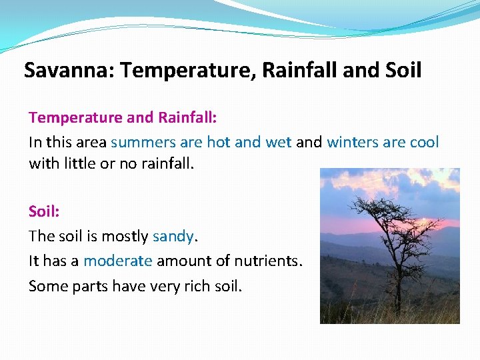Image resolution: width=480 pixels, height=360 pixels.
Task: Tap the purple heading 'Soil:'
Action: tap(44, 211)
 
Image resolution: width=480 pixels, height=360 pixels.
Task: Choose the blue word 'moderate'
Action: tap(118, 261)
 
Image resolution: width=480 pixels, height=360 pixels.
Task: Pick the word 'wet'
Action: tap(279, 143)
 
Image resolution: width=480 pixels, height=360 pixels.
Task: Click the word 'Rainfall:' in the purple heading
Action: tap(187, 118)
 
